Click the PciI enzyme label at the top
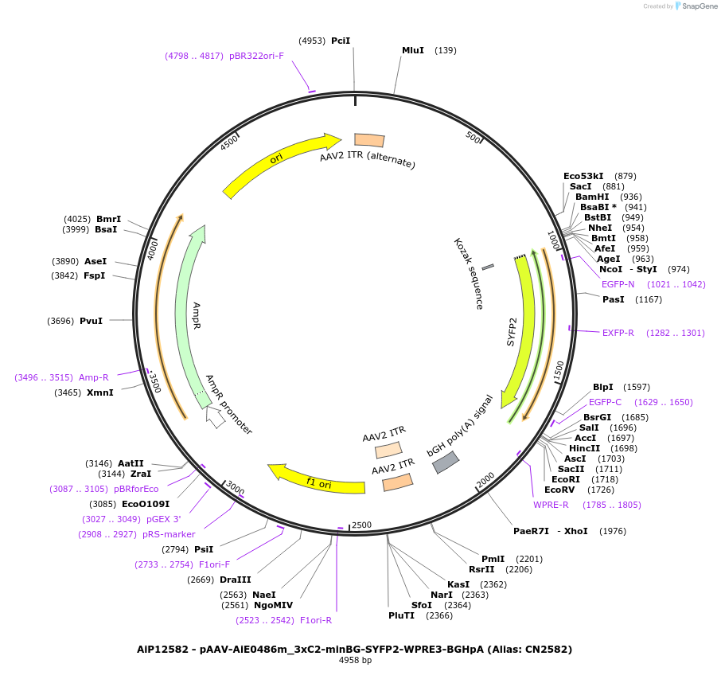[341, 41]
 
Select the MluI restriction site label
[413, 50]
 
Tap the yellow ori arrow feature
[279, 163]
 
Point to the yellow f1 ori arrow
[314, 479]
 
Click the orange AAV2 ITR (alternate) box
[369, 140]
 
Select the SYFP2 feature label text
[512, 331]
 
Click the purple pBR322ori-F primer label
[256, 56]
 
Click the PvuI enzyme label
[91, 321]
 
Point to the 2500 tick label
[362, 525]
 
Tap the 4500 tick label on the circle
[230, 142]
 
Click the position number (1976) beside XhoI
[613, 531]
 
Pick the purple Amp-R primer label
[93, 377]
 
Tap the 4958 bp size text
[355, 661]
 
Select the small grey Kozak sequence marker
[488, 266]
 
